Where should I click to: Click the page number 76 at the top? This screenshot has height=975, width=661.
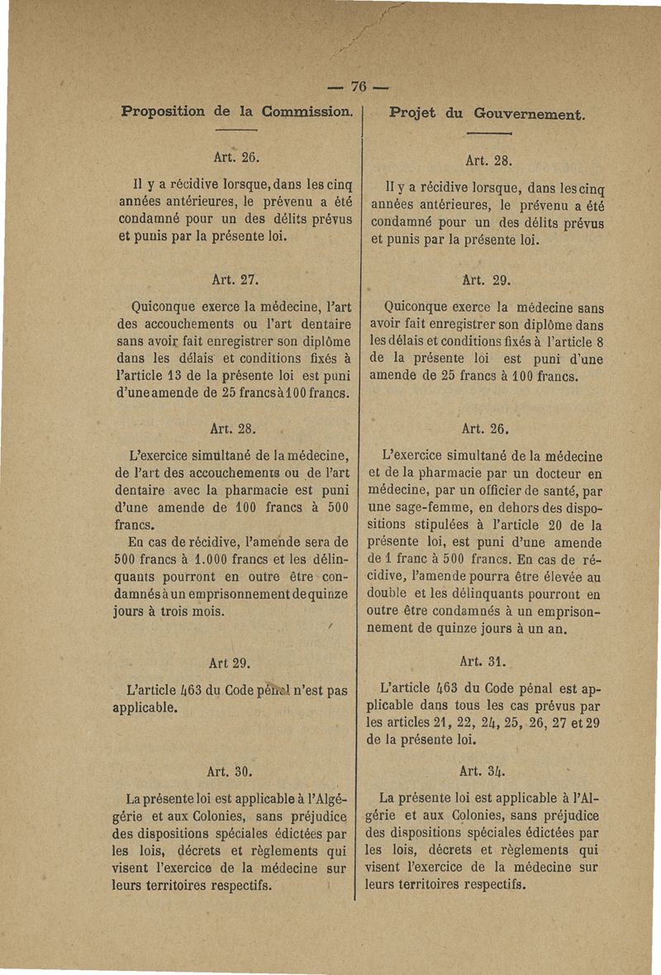click(x=358, y=86)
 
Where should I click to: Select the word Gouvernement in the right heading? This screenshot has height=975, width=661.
click(x=530, y=115)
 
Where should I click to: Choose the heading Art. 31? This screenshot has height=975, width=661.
click(x=486, y=662)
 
